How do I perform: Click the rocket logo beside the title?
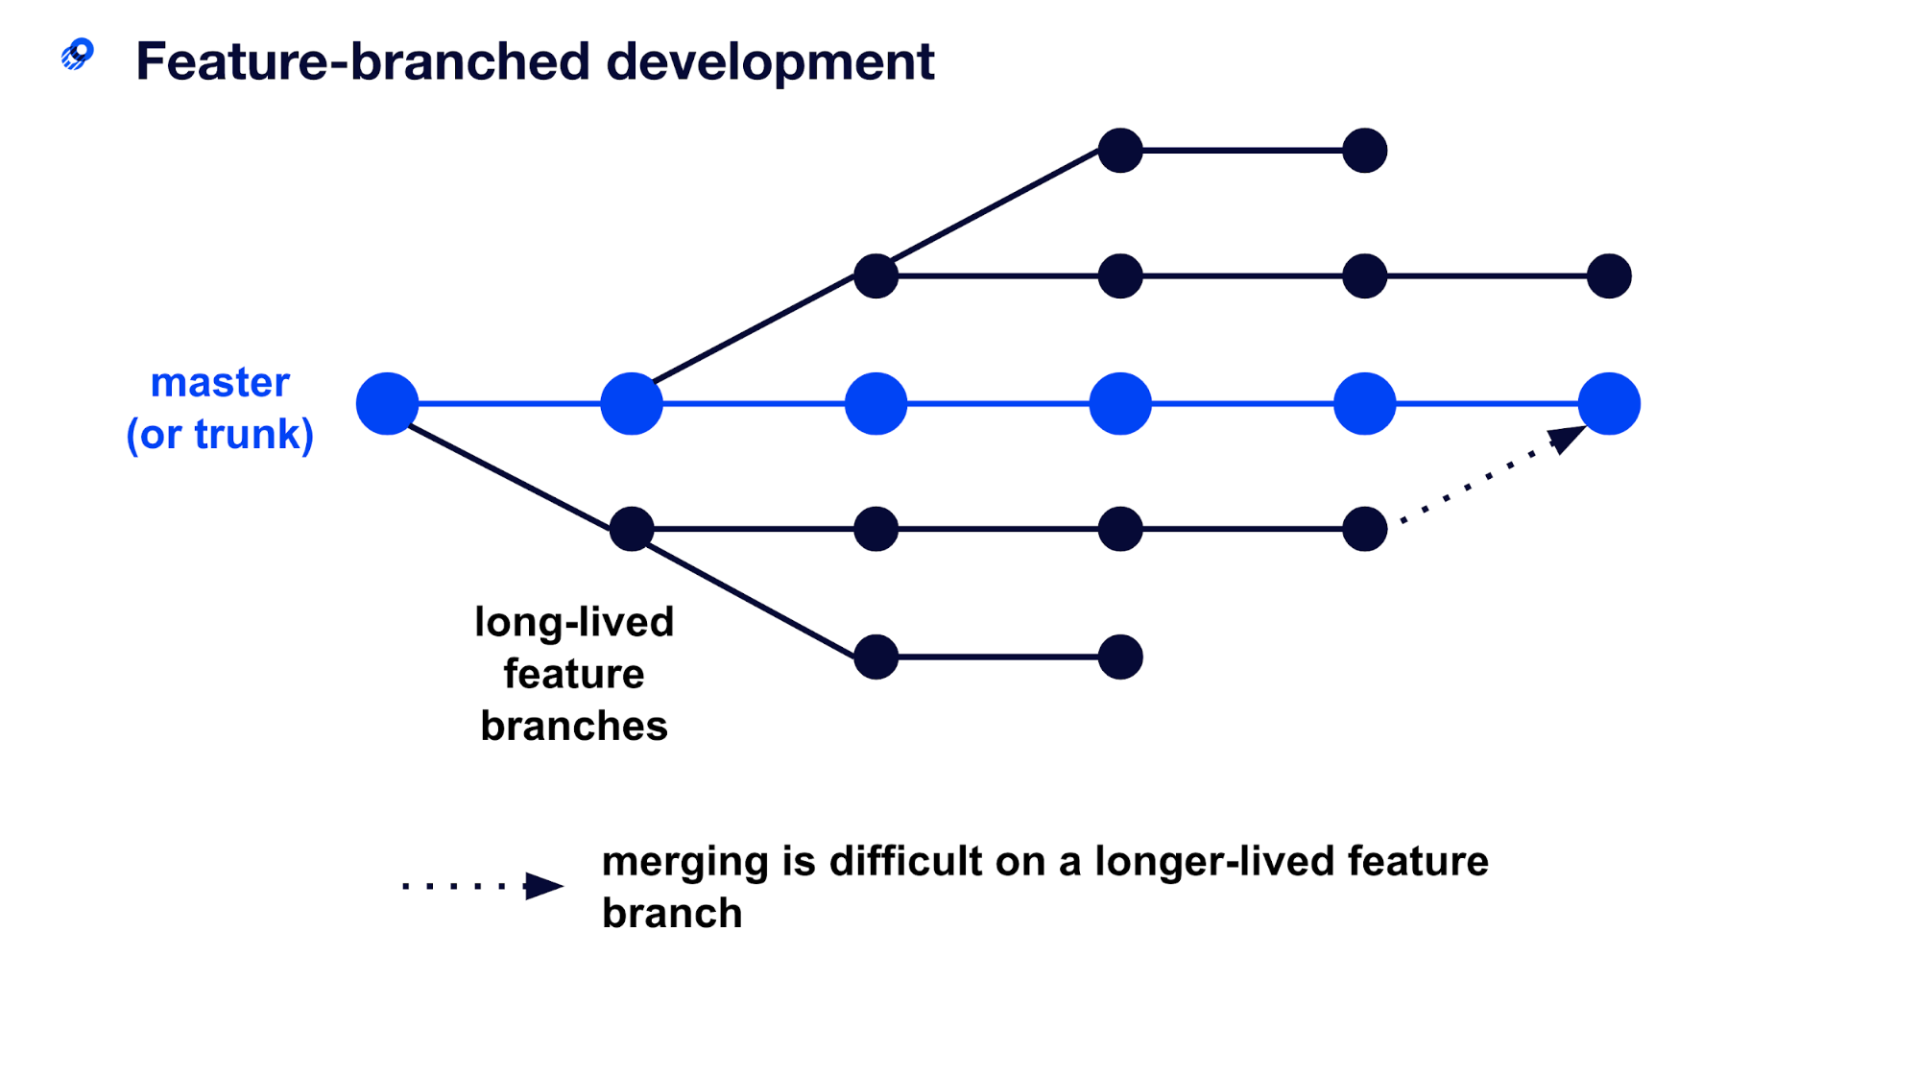pyautogui.click(x=78, y=54)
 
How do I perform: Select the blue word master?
pyautogui.click(x=220, y=382)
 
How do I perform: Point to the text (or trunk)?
pyautogui.click(x=220, y=434)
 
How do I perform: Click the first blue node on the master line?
pyautogui.click(x=387, y=403)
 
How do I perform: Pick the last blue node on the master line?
pyautogui.click(x=1609, y=403)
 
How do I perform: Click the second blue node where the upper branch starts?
pyautogui.click(x=631, y=403)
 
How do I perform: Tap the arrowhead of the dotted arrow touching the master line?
pyautogui.click(x=1567, y=438)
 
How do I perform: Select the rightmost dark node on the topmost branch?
pyautogui.click(x=1364, y=151)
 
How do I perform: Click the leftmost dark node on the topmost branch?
pyautogui.click(x=1120, y=151)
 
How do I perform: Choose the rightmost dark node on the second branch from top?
pyautogui.click(x=1609, y=276)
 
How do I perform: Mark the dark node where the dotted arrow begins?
pyautogui.click(x=1364, y=529)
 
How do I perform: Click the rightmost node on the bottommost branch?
pyautogui.click(x=1120, y=657)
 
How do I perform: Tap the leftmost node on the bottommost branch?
pyautogui.click(x=876, y=657)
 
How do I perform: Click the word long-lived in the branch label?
pyautogui.click(x=574, y=622)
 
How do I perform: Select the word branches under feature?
pyautogui.click(x=574, y=726)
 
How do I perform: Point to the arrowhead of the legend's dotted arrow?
pyautogui.click(x=544, y=885)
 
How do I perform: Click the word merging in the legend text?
pyautogui.click(x=684, y=862)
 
